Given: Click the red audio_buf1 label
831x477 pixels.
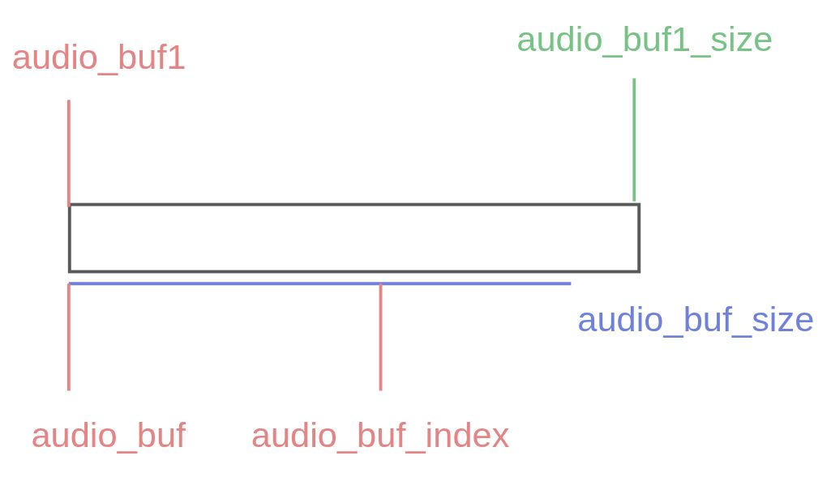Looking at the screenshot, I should tap(98, 59).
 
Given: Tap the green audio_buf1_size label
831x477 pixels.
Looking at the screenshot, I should tap(645, 40).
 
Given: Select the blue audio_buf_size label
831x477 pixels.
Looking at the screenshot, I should tap(695, 321).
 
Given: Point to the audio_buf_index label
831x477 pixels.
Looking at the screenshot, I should tap(380, 437).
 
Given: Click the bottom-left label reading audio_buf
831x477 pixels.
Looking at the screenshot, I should tap(109, 437).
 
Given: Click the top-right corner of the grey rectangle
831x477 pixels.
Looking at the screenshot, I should tap(639, 205).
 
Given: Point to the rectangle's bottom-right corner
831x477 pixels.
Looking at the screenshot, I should tap(639, 270).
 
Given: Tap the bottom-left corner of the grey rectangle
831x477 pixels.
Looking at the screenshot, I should tap(70, 270).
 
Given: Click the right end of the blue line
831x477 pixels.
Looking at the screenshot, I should tap(570, 283).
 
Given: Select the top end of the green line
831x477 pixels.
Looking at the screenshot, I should tap(634, 79).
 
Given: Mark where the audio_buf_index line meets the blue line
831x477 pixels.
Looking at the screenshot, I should tap(380, 284).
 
